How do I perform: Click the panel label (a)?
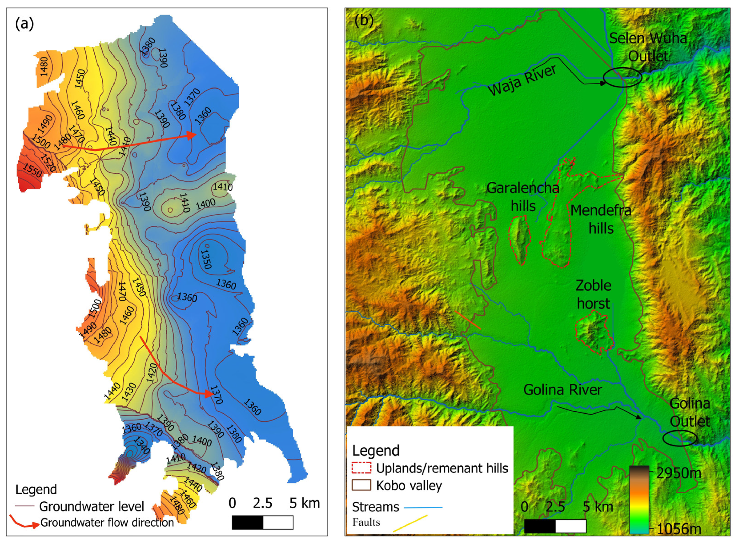coord(24,24)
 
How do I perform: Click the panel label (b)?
coord(364,21)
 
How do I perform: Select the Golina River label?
coord(562,390)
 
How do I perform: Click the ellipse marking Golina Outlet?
coord(680,438)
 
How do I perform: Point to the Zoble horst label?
coord(593,294)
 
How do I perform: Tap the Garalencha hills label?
coord(523,197)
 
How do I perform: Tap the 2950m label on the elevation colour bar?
coord(678,473)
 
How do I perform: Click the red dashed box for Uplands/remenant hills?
coord(361,468)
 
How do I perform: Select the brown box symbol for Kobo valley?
coord(361,485)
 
